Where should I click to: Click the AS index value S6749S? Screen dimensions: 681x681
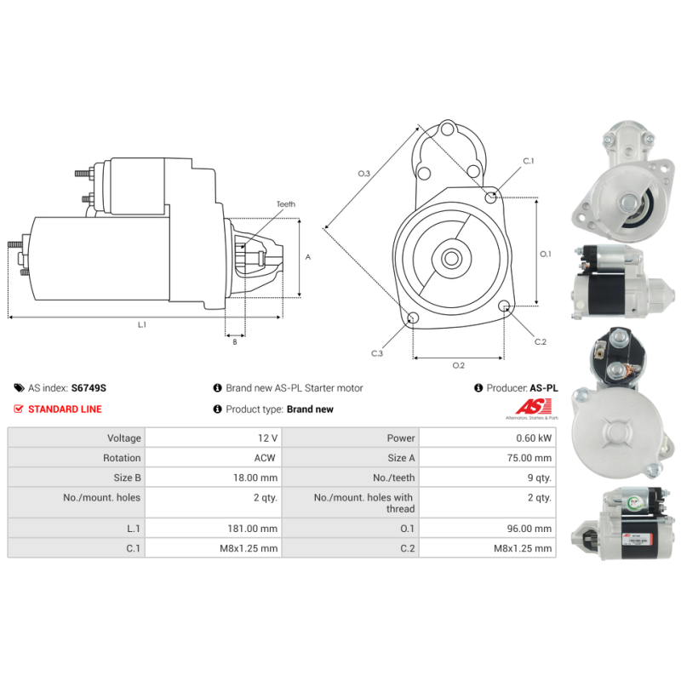tap(89, 388)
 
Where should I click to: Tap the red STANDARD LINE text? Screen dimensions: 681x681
tap(65, 409)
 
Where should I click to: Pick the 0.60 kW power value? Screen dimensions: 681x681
tap(534, 438)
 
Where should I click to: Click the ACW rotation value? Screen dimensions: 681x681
tap(265, 458)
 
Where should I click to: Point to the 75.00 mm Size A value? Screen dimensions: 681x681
tap(529, 458)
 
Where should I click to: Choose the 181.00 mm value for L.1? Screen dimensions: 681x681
tap(253, 529)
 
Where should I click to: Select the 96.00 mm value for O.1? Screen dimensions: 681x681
tap(529, 529)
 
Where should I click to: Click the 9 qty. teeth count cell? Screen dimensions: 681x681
tap(540, 478)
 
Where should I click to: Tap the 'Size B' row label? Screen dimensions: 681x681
tap(127, 478)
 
